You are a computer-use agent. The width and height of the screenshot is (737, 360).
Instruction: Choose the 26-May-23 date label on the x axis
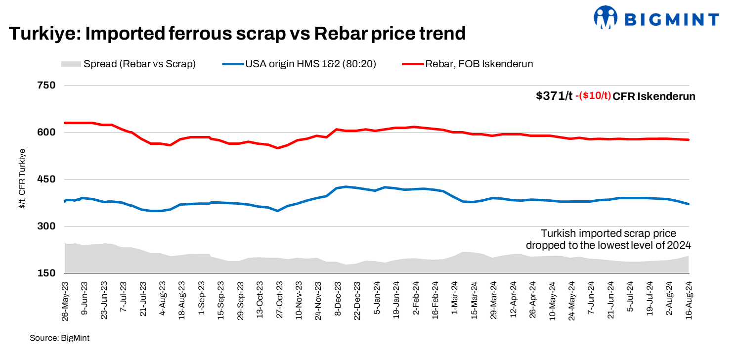point(65,301)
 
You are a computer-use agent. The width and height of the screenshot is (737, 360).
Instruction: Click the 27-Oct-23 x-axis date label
point(279,301)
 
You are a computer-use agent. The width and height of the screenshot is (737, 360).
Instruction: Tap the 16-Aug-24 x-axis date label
point(688,301)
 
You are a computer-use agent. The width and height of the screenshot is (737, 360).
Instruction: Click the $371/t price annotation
point(554,96)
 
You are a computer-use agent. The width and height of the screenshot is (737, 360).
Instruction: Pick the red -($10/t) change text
point(593,96)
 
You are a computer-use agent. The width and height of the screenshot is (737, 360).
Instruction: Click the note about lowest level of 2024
point(608,239)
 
